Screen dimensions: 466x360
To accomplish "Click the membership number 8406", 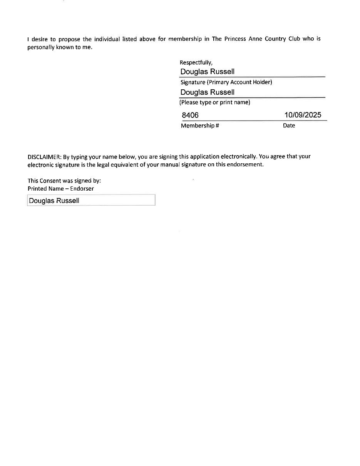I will [x=190, y=115].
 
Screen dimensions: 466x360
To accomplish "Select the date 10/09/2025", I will [x=303, y=115].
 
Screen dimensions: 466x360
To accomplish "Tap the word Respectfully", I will [x=196, y=62].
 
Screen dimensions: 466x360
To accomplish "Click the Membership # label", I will [x=200, y=126].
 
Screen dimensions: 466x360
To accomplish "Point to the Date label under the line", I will [x=289, y=126].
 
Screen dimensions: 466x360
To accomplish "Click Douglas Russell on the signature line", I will [x=207, y=72].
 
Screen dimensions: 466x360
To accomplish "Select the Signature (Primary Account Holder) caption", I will [x=226, y=82].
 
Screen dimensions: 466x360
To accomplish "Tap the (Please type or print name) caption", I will [x=215, y=102].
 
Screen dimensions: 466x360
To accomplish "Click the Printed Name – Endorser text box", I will [x=91, y=200].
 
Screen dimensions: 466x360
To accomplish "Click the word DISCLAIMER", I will [x=44, y=157].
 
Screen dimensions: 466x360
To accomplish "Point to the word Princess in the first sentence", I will [x=234, y=39].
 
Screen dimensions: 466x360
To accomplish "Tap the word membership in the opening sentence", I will [x=185, y=39].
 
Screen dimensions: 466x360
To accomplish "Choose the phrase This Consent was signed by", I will [x=64, y=181].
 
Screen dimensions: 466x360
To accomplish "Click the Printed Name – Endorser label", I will [x=60, y=189].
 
